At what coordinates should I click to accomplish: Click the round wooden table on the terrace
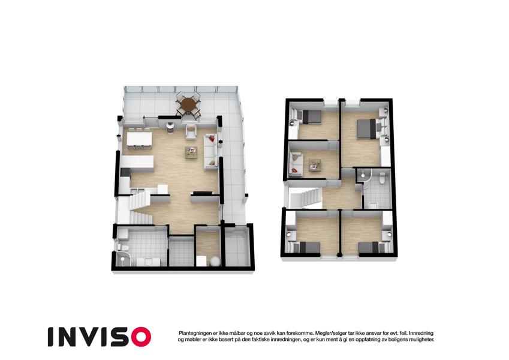click(188, 104)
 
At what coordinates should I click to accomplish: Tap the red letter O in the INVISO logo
click(141, 337)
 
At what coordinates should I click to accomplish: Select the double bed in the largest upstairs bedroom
click(366, 129)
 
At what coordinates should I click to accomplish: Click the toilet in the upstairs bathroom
click(382, 178)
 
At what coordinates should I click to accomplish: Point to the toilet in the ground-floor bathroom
click(124, 248)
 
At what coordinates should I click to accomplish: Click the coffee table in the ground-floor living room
click(191, 152)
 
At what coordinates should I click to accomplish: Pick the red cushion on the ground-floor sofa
click(212, 139)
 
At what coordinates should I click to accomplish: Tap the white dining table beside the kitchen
click(140, 139)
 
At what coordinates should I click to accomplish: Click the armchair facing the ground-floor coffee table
click(191, 132)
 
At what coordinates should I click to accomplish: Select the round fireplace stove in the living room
click(170, 127)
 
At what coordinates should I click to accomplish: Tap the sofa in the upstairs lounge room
click(296, 164)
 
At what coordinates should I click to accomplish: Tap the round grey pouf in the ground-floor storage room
click(214, 262)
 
